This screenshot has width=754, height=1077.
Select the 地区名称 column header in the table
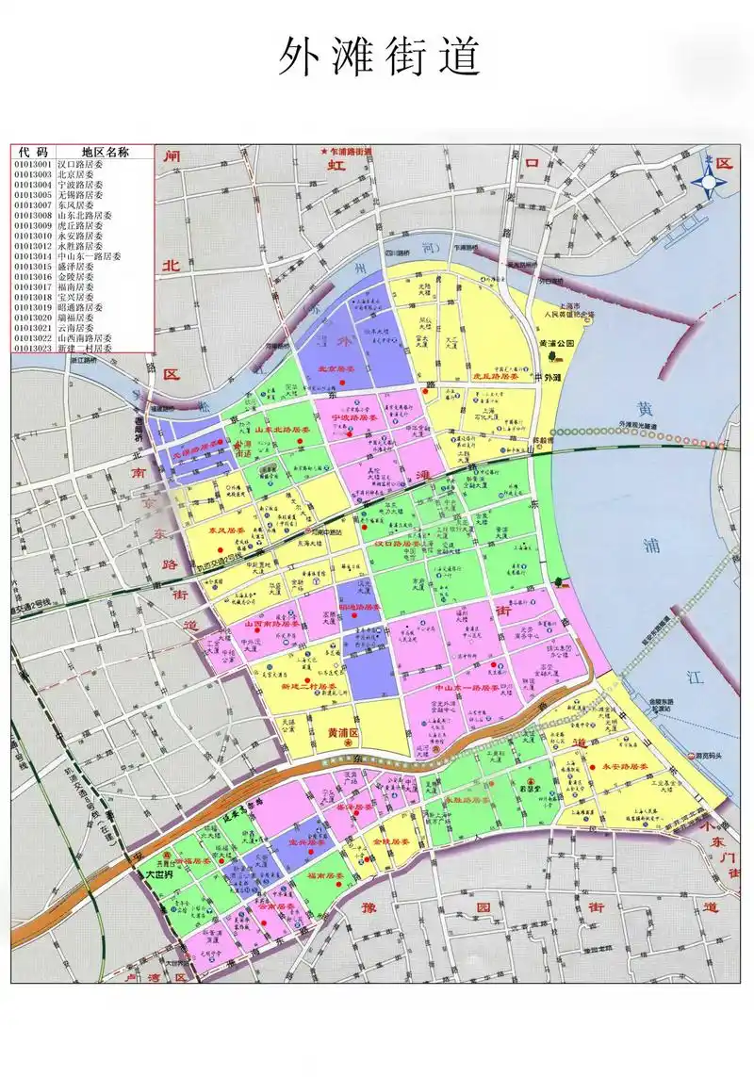pos(104,152)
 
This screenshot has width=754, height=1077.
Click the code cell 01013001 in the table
pos(33,164)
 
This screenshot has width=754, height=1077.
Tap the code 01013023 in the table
pos(33,348)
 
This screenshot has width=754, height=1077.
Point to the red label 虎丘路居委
pos(496,376)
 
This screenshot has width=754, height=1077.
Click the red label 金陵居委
pos(389,840)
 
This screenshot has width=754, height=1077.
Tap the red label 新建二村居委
pos(309,687)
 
